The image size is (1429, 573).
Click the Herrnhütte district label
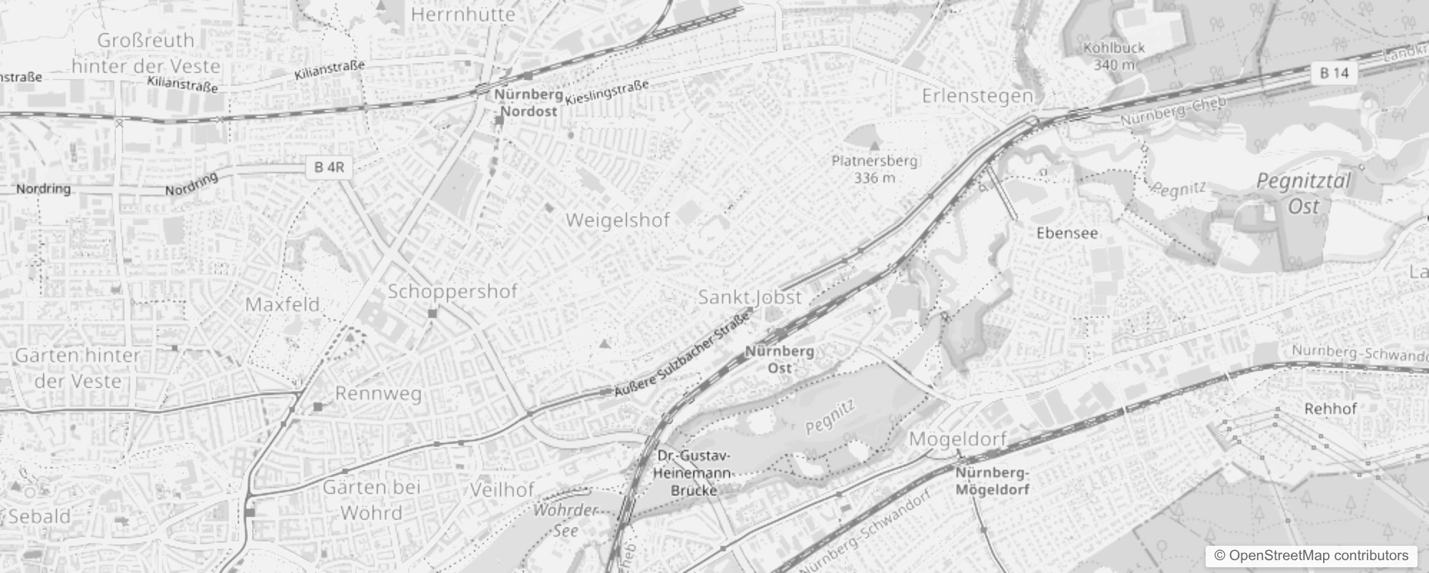[463, 14]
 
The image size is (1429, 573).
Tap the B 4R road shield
[329, 168]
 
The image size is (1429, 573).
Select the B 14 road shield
[1334, 72]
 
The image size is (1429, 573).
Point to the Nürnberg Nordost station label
[528, 102]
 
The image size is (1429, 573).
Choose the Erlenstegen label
[977, 95]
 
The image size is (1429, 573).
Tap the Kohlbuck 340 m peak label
[1114, 56]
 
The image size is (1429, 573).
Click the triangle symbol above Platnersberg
[873, 146]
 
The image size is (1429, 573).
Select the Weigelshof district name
[618, 220]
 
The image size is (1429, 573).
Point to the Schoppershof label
[452, 292]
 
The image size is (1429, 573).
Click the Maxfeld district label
[282, 304]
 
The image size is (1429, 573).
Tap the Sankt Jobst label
[750, 297]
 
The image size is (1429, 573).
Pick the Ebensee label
[1067, 233]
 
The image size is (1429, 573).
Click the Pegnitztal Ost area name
[1303, 193]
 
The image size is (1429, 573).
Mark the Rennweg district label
[378, 393]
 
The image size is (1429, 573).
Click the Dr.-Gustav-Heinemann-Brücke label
[694, 473]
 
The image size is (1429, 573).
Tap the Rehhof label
[1330, 409]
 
